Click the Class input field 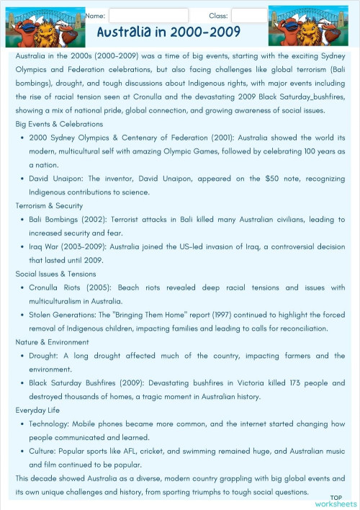tap(248, 15)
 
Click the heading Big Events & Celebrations tap(59, 124)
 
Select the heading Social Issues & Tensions tap(55, 274)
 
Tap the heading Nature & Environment tap(53, 342)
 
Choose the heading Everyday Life tap(40, 411)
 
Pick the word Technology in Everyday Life tap(48, 424)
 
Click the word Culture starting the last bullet tap(43, 452)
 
